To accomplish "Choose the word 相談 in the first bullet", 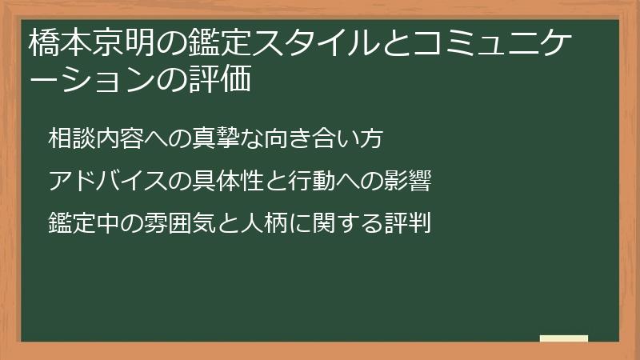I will point(71,138).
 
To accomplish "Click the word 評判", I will point(408,222).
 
